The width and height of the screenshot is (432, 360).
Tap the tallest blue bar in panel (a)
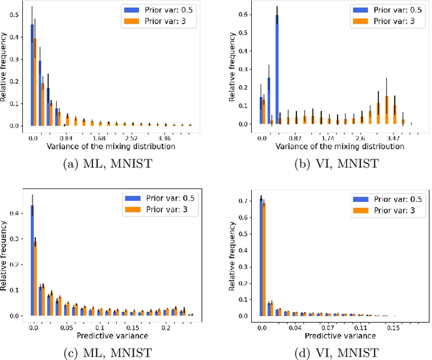pyautogui.click(x=32, y=75)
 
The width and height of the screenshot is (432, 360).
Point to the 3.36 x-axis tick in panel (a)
pyautogui.click(x=166, y=137)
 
